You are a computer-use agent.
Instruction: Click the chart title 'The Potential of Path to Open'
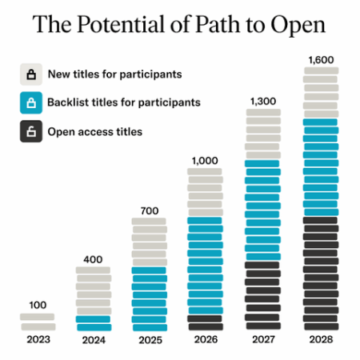point(180,25)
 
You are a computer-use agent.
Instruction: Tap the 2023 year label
point(38,339)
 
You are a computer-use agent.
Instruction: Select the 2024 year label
point(94,339)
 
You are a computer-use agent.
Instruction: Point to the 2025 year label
point(149,339)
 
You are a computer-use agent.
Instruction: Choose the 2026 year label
point(205,339)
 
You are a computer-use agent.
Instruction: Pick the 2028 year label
point(320,339)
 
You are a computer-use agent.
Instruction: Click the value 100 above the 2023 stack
point(38,305)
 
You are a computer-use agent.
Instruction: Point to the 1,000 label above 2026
point(205,160)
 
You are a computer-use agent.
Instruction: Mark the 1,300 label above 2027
point(262,101)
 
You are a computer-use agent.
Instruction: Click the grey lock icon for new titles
point(32,75)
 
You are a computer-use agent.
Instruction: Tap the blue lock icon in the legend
point(32,103)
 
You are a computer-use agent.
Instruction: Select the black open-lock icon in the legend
point(32,131)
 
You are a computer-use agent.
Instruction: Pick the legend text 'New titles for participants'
point(114,74)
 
